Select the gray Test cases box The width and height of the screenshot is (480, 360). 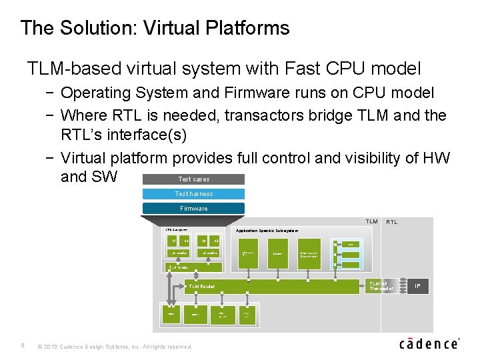[x=193, y=179]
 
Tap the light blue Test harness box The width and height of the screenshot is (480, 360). [x=193, y=194]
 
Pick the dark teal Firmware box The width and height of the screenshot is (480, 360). [x=193, y=209]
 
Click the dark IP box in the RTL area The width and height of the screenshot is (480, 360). [x=417, y=286]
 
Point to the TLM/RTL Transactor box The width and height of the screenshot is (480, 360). [x=382, y=286]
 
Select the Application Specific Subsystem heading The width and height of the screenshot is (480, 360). [x=267, y=231]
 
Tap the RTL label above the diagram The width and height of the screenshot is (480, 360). [x=392, y=222]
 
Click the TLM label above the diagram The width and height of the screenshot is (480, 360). [x=371, y=221]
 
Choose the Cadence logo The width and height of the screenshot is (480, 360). [x=429, y=344]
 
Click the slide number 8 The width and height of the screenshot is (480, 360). [x=22, y=346]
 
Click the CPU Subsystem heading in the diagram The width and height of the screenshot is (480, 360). [x=177, y=231]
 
